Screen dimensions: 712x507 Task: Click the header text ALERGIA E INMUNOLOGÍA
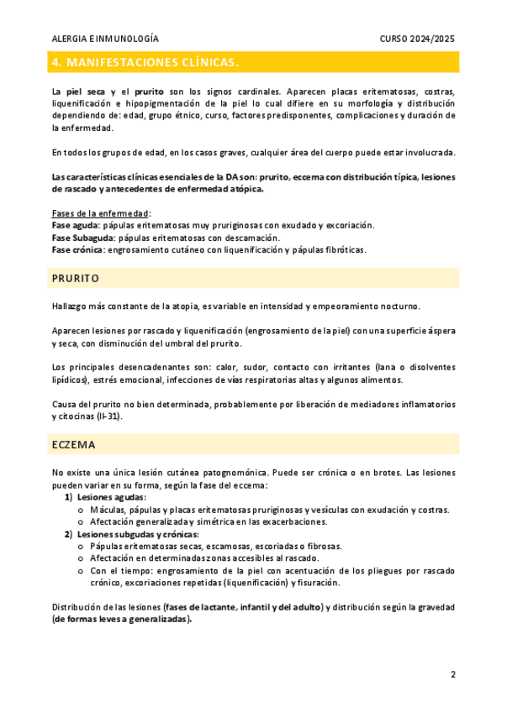[105, 39]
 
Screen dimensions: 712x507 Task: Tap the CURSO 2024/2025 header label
[417, 39]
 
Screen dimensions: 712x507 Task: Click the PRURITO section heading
[76, 278]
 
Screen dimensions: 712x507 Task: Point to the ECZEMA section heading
[73, 444]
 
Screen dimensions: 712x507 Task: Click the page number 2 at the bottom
[452, 674]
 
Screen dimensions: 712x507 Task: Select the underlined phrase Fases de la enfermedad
[100, 213]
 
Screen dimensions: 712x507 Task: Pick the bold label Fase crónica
[77, 249]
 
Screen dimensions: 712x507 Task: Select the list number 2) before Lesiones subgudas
[69, 534]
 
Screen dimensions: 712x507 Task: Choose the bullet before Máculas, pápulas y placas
[80, 510]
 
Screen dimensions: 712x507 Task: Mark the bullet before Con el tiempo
[80, 570]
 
